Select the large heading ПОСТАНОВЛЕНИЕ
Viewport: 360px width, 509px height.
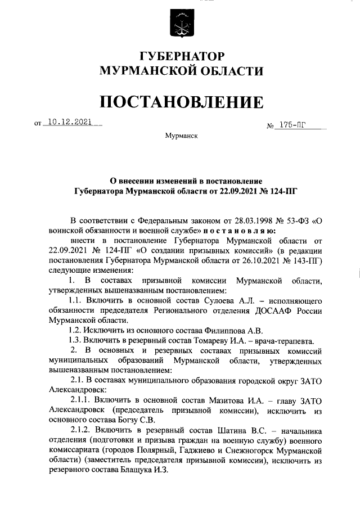tap(180, 102)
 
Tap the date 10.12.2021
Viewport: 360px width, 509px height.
tap(68, 121)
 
